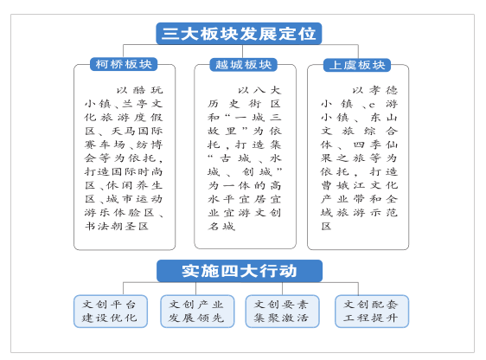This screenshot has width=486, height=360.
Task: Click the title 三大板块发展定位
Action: point(239,34)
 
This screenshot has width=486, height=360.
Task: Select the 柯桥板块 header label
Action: point(124,64)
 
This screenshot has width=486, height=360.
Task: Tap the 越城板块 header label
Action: point(243,65)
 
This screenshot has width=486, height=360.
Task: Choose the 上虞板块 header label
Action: point(357,65)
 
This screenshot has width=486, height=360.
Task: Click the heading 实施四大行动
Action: point(240,271)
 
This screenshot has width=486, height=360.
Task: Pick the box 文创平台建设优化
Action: point(111,311)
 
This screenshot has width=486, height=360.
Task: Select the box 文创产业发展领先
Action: point(197,311)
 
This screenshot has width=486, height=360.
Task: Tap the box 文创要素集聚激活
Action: point(282,311)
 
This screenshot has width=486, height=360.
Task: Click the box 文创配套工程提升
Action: point(372,311)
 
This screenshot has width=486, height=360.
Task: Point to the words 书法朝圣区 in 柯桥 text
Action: point(117,226)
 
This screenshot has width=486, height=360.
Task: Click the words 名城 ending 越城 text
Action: point(221,226)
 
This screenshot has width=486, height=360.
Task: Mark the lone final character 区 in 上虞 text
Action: point(326,226)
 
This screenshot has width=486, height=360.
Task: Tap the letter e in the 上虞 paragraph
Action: point(372,105)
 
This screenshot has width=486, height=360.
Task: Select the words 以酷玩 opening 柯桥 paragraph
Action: point(139,90)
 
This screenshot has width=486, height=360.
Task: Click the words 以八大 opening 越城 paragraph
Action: point(259,90)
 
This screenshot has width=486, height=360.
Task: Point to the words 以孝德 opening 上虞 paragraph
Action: point(374,90)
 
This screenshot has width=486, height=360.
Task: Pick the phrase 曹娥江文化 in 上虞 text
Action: point(359,185)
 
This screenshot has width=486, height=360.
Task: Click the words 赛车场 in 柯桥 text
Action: point(105,145)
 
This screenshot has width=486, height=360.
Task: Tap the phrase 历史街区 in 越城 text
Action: point(244,104)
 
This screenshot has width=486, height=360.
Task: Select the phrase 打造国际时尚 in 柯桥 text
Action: point(124,171)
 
